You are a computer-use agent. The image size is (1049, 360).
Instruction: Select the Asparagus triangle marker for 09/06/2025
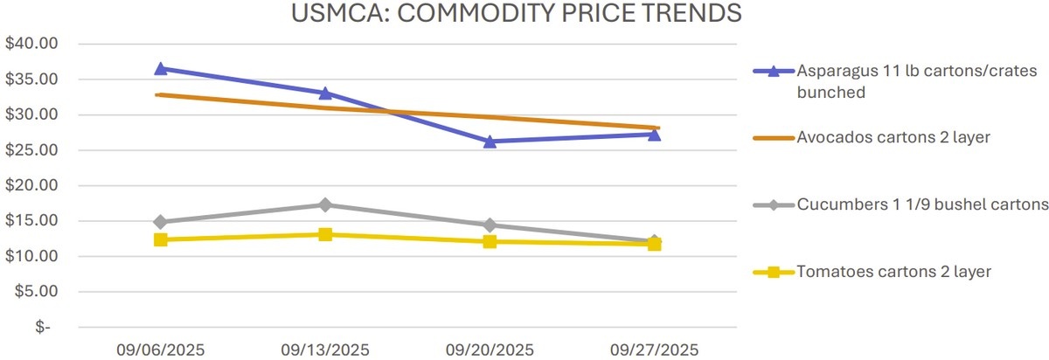(161, 68)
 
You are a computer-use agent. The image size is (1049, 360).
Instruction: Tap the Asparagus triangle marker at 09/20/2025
(490, 141)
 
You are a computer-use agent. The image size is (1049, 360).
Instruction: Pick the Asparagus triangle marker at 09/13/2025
(325, 93)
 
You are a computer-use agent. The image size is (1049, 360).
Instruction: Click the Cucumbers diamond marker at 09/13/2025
(325, 204)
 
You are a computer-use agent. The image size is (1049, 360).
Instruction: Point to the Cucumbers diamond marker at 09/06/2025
(161, 222)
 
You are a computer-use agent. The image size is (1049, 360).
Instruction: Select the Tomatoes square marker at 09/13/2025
(325, 234)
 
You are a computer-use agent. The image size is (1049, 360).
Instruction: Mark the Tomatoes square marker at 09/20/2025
(490, 241)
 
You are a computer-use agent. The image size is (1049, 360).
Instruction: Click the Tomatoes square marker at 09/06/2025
(161, 239)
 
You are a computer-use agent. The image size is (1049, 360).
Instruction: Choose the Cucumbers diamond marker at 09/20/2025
(490, 225)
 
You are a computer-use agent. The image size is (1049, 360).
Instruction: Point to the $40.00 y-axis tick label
(30, 44)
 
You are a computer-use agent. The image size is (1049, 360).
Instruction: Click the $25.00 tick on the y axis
(30, 150)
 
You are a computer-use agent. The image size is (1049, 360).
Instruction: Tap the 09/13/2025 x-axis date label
(325, 350)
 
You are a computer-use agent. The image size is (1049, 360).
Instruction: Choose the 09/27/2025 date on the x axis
(655, 350)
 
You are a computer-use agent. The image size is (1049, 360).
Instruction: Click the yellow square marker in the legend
(773, 272)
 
